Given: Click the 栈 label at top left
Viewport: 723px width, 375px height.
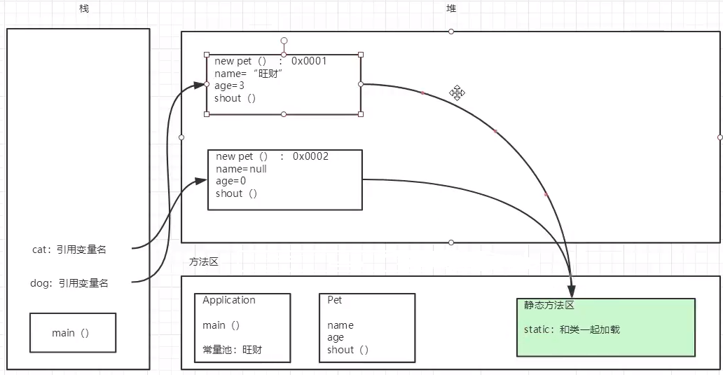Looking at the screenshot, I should coord(85,8).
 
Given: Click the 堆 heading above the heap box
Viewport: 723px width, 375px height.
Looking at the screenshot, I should coord(451,8).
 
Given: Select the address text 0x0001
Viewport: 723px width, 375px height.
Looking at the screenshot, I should coord(309,61).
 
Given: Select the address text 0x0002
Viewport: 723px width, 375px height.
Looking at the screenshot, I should coord(310,156).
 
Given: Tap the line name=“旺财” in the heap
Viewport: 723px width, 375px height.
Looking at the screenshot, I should coord(248,74).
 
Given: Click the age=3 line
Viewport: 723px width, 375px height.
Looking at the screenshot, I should coord(229,86).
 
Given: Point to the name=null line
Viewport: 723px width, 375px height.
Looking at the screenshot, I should coord(241,169).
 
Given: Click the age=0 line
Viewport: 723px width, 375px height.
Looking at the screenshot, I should coord(230,181).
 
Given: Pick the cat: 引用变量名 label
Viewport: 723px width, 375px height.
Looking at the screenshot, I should coord(69,249).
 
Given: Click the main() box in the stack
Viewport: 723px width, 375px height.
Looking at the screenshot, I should coord(71,333).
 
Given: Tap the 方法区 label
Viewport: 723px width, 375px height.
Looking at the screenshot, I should coord(203,261).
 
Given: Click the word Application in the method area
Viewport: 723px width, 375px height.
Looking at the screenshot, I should coord(229,300).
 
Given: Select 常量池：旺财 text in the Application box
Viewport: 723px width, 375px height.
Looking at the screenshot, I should coord(232,349).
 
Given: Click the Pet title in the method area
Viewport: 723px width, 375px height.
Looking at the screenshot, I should coord(334,300).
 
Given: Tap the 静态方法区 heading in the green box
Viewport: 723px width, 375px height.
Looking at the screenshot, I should coord(549,306).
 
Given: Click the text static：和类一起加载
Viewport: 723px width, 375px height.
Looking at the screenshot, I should coord(572,329).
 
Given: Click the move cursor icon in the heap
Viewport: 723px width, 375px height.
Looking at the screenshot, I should coord(457,93).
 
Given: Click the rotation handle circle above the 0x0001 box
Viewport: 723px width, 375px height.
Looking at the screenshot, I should coord(284,41).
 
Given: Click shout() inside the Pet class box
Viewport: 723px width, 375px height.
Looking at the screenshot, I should coord(347,349).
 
